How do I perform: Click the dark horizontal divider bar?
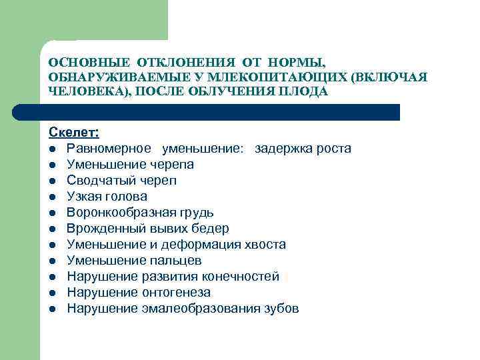(220, 112)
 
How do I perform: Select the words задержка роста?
(303, 148)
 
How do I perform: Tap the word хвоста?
(265, 245)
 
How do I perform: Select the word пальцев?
(176, 261)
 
